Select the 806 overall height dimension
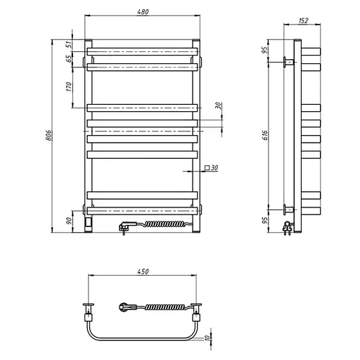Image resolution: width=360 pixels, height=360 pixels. tap(49, 136)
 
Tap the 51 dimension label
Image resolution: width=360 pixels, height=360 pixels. tap(69, 44)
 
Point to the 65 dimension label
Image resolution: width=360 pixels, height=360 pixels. tap(69, 58)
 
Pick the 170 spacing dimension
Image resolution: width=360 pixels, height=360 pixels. tap(69, 88)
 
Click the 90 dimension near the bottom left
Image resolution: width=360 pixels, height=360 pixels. tap(69, 220)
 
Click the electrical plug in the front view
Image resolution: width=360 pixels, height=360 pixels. tap(126, 226)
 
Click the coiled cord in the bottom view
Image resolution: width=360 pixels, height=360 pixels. tap(165, 307)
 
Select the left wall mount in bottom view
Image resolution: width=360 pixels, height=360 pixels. tap(89, 306)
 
